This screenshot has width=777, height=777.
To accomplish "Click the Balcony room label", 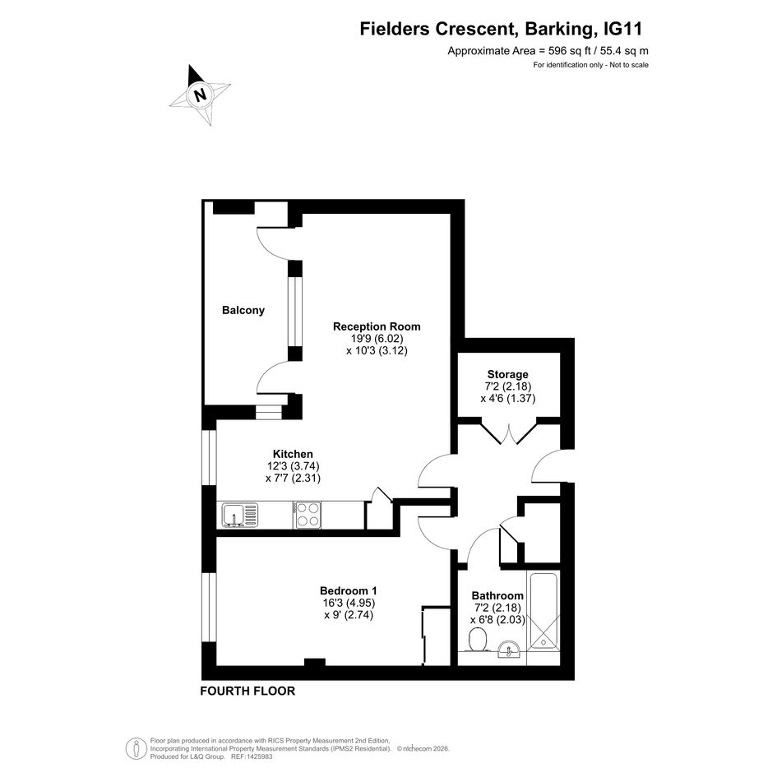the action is click(x=243, y=310).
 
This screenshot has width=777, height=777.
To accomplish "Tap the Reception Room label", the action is click(x=377, y=326).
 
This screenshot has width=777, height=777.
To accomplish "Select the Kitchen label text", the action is click(x=293, y=454).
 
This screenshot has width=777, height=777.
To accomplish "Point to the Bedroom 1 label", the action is click(x=349, y=590).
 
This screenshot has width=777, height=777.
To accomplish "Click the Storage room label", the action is click(x=507, y=374).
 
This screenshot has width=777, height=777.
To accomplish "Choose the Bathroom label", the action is click(x=497, y=595).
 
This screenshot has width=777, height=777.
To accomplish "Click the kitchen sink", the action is click(x=240, y=515).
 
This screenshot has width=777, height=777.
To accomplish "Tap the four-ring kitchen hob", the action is click(x=307, y=515).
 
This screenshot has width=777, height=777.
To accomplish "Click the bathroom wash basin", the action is click(x=508, y=650).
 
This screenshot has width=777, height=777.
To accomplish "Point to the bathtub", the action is click(x=543, y=610).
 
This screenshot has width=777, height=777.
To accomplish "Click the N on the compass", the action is click(x=200, y=95).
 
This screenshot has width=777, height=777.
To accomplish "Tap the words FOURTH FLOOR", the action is click(x=247, y=691).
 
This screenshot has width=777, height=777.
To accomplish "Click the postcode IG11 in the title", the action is click(x=623, y=29).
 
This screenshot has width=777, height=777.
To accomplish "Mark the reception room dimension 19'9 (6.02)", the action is click(x=377, y=339).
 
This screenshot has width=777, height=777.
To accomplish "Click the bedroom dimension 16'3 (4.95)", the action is click(x=349, y=603).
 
